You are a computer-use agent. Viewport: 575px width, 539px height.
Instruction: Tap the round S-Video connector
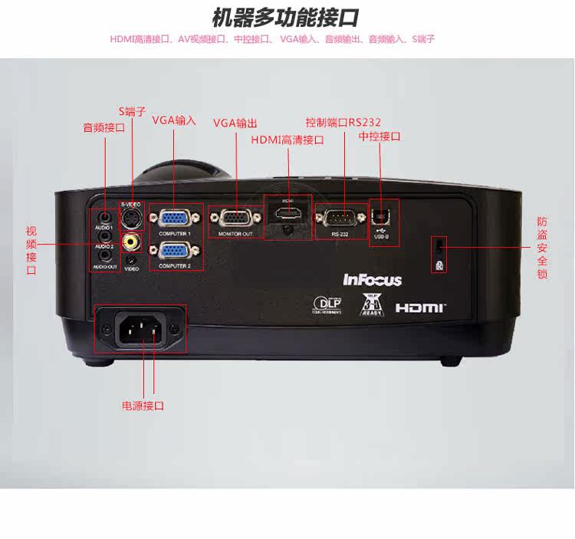point(132,219)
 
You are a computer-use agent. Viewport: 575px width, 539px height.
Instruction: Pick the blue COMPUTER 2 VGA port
point(175,250)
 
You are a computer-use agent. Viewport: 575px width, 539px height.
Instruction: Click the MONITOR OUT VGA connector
point(235,218)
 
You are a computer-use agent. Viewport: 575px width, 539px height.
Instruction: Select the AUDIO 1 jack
point(104,218)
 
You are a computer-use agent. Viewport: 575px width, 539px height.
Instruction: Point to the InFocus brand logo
point(372,280)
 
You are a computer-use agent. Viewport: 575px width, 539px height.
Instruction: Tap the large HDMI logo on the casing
point(420,307)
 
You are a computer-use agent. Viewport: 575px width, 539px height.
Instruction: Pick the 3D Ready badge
point(371,304)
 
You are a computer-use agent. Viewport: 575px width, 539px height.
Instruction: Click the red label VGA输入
point(174,120)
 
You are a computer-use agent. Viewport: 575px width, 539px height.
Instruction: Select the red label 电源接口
point(143,406)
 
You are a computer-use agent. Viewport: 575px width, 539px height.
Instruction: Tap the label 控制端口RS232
point(343,122)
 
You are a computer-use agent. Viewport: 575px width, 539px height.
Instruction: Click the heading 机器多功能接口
point(285,18)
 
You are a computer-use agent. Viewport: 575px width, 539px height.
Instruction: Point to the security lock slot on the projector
point(439,245)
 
